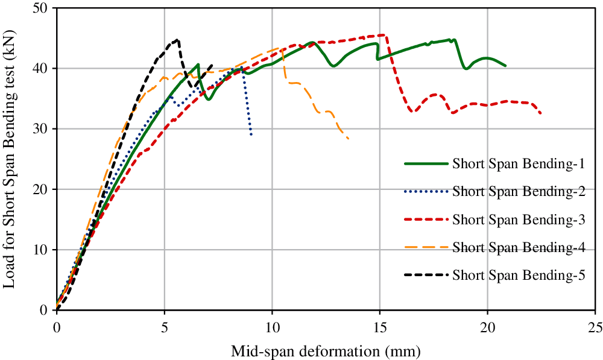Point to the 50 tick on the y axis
[43, 8]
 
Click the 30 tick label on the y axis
[43, 129]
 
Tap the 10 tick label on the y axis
[43, 250]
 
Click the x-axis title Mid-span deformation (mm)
[326, 350]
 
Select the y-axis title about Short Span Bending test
[11, 159]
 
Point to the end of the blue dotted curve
[251, 134]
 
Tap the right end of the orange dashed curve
[349, 139]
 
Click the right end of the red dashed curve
[540, 113]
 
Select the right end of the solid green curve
[505, 65]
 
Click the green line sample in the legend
[426, 163]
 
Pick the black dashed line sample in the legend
[426, 276]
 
